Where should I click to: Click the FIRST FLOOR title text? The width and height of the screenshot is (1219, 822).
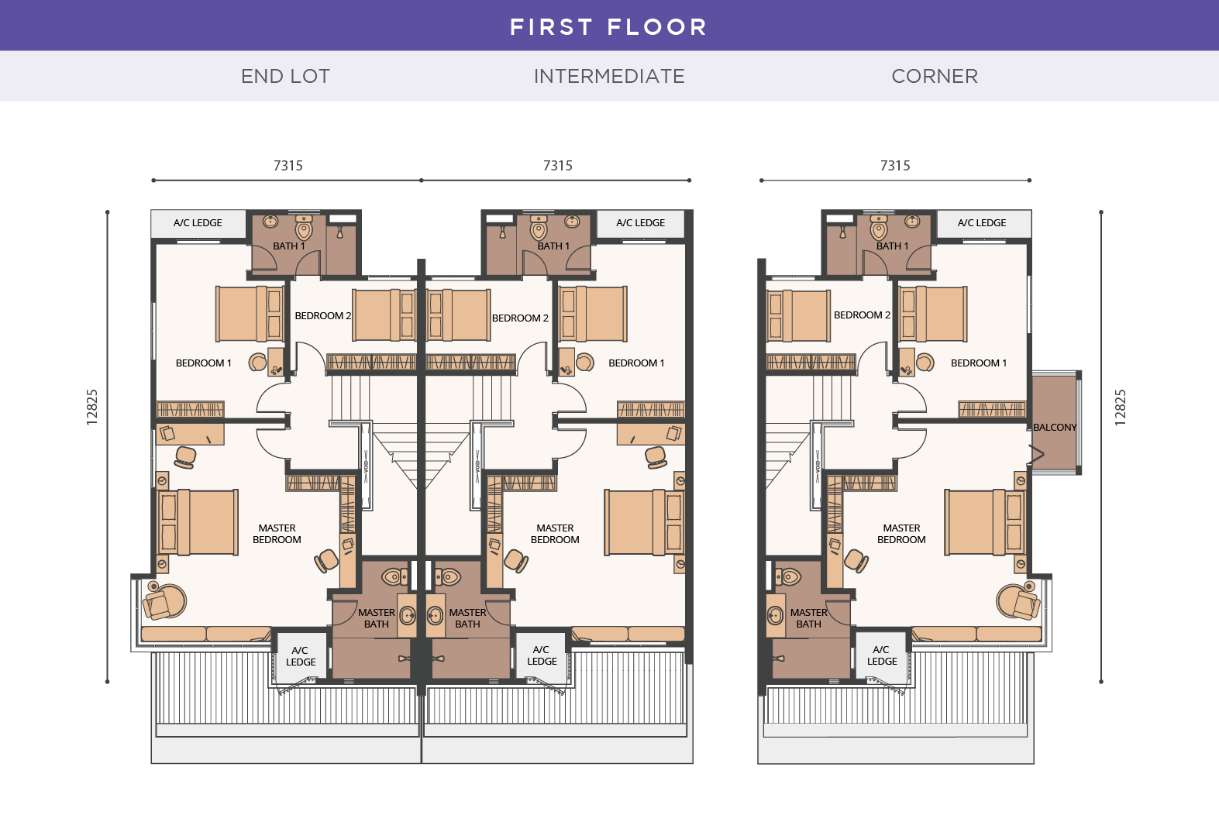(x=608, y=27)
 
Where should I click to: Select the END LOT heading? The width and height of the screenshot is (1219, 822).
(x=285, y=76)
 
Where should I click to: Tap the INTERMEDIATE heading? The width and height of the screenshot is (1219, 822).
(x=609, y=76)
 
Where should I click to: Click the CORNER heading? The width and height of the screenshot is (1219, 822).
(x=935, y=76)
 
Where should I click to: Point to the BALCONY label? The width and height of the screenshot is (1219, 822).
(x=1055, y=427)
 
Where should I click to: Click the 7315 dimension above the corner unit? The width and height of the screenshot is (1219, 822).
(x=895, y=166)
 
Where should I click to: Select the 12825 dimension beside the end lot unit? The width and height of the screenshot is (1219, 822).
(x=92, y=407)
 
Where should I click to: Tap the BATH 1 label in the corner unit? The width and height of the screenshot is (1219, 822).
(x=892, y=246)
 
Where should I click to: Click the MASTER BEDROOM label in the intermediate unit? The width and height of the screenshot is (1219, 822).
(x=555, y=534)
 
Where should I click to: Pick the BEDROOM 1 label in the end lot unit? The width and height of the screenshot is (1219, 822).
(x=203, y=363)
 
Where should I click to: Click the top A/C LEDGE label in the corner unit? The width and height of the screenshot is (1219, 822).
(x=982, y=223)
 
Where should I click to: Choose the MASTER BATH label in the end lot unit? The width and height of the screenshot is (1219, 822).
(x=377, y=617)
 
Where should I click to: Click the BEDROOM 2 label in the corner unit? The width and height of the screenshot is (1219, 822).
(x=862, y=315)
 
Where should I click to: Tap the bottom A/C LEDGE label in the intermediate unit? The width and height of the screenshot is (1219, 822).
(x=542, y=655)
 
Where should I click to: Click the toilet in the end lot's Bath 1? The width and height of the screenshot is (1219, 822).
(x=304, y=229)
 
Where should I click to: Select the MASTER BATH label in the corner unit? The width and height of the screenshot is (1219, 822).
(x=808, y=617)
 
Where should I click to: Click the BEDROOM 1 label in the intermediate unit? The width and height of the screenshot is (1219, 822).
(x=636, y=363)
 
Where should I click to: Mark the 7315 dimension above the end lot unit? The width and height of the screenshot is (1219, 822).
(x=288, y=166)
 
